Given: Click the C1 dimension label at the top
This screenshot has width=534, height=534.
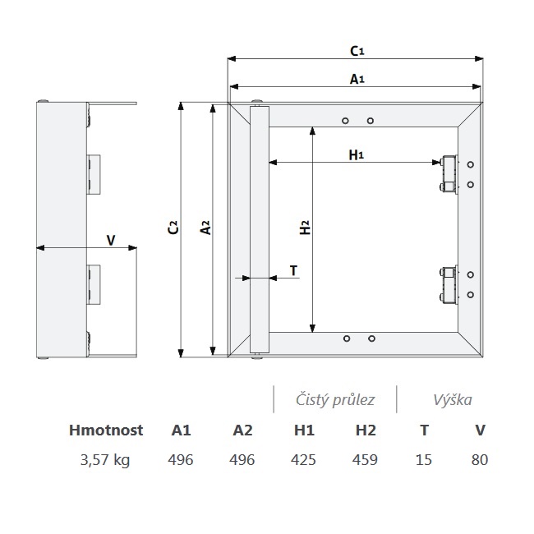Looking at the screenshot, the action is pyautogui.click(x=357, y=51).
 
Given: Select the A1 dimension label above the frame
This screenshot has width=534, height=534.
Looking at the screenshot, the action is pyautogui.click(x=357, y=79).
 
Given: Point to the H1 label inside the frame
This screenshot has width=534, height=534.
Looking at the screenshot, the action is pyautogui.click(x=357, y=155).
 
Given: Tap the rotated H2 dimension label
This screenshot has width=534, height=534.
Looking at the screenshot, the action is pyautogui.click(x=305, y=227).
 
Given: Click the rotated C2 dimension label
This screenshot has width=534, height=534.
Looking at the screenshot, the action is pyautogui.click(x=173, y=227).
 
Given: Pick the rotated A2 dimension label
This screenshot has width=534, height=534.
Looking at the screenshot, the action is pyautogui.click(x=205, y=227).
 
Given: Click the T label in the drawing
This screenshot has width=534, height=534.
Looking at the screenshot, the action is pyautogui.click(x=293, y=271).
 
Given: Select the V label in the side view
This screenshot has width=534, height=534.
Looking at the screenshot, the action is pyautogui.click(x=111, y=241).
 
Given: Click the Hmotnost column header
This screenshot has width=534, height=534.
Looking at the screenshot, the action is pyautogui.click(x=106, y=430).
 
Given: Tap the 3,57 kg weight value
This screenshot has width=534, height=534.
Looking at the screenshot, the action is pyautogui.click(x=105, y=460).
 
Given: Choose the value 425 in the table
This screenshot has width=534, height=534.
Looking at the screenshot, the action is pyautogui.click(x=303, y=460).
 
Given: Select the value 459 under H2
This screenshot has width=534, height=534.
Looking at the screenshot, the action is pyautogui.click(x=365, y=460).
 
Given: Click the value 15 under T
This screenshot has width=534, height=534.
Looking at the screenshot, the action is pyautogui.click(x=424, y=460).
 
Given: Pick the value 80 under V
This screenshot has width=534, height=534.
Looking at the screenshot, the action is pyautogui.click(x=480, y=460).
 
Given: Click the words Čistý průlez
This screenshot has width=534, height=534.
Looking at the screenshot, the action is pyautogui.click(x=335, y=399).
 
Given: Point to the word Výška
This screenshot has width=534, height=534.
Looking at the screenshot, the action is pyautogui.click(x=453, y=400).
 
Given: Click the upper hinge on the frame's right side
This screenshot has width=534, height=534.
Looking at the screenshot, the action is pyautogui.click(x=449, y=174).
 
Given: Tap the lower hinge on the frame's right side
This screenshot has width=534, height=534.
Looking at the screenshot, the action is pyautogui.click(x=449, y=284).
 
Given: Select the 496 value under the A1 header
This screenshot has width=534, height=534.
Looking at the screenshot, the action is pyautogui.click(x=181, y=460).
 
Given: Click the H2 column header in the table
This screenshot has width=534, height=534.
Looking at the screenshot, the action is pyautogui.click(x=366, y=430).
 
